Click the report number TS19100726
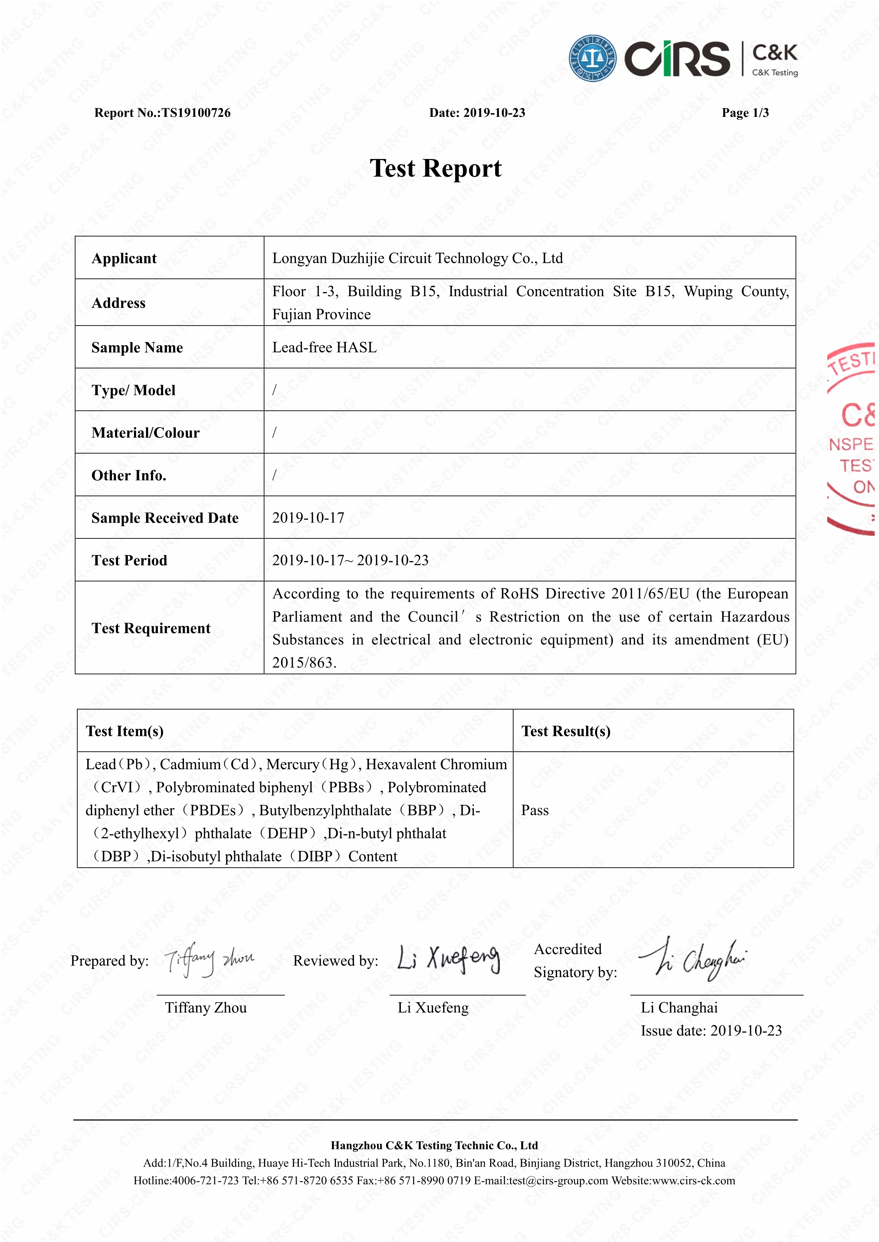click(x=196, y=113)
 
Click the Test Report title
click(x=436, y=168)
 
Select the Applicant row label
click(x=124, y=259)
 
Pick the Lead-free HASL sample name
click(x=324, y=347)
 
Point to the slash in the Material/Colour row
click(x=274, y=432)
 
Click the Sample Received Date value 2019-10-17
click(x=308, y=518)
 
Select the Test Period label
click(x=129, y=560)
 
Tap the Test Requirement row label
click(x=151, y=628)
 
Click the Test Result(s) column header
click(x=566, y=731)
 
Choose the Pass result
click(x=535, y=810)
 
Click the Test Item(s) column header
click(x=124, y=731)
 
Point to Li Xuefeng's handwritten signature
click(x=448, y=959)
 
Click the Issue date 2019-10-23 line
click(x=711, y=1031)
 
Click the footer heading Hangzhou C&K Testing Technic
click(x=434, y=1145)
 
